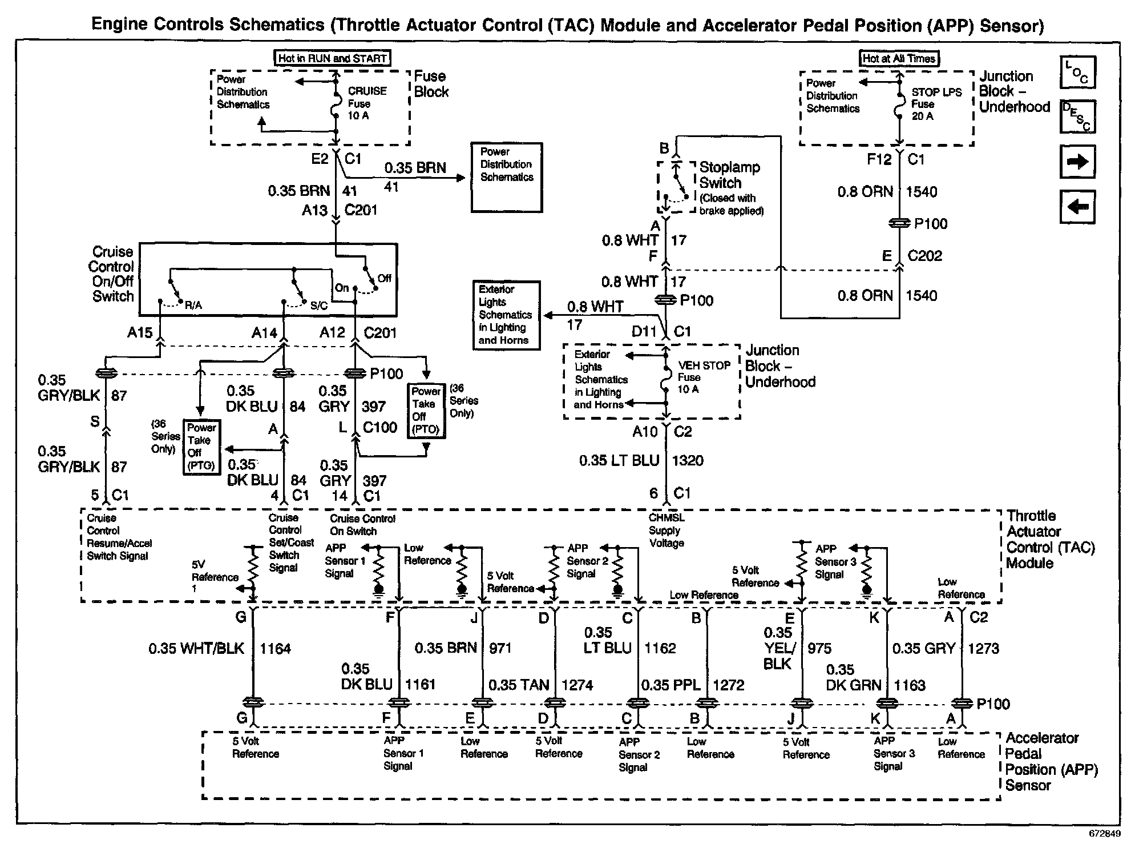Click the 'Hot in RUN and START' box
click(x=333, y=58)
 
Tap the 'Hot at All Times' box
click(x=899, y=58)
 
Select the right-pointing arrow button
click(x=1077, y=162)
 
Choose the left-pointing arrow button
click(x=1077, y=206)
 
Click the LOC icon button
click(x=1077, y=73)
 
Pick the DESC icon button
click(x=1077, y=116)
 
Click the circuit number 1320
click(x=688, y=461)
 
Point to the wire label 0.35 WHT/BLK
click(x=196, y=649)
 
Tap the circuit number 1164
click(x=275, y=649)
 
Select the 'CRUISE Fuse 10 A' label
click(x=367, y=103)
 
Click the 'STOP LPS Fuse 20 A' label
click(x=936, y=104)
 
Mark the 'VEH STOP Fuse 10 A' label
click(x=704, y=377)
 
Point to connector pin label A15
click(x=140, y=332)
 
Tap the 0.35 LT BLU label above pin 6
click(x=619, y=461)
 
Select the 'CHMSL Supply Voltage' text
click(x=667, y=531)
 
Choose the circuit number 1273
click(x=983, y=649)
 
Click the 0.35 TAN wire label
click(x=519, y=685)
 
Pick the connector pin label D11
click(x=644, y=332)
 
